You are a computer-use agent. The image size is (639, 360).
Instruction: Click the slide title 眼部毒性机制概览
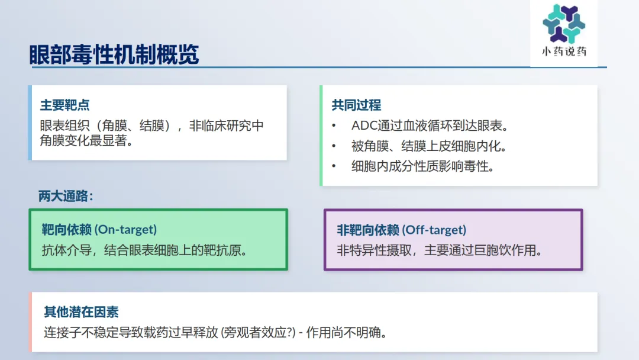pyautogui.click(x=114, y=54)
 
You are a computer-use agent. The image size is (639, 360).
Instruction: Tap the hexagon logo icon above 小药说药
pyautogui.click(x=564, y=24)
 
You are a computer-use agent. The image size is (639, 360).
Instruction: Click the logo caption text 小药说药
pyautogui.click(x=564, y=52)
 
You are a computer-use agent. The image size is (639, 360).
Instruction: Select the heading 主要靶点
pyautogui.click(x=65, y=105)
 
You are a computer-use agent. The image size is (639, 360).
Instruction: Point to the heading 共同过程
pyautogui.click(x=356, y=105)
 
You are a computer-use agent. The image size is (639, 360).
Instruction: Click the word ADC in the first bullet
pyautogui.click(x=364, y=126)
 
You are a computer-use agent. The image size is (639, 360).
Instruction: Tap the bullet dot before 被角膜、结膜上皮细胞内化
pyautogui.click(x=334, y=146)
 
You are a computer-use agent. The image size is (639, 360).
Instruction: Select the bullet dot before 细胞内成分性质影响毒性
pyautogui.click(x=334, y=166)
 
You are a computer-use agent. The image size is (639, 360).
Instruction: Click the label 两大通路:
pyautogui.click(x=66, y=196)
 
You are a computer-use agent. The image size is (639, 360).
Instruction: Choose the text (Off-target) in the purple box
pyautogui.click(x=434, y=230)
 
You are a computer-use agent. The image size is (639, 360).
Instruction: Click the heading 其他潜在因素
pyautogui.click(x=81, y=312)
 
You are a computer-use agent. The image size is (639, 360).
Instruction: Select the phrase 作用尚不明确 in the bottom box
pyautogui.click(x=346, y=332)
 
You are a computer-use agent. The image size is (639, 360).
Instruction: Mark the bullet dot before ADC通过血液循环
pyautogui.click(x=334, y=126)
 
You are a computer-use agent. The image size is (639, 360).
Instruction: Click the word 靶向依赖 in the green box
pyautogui.click(x=67, y=230)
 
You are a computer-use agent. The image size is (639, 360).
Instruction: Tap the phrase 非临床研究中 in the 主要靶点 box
pyautogui.click(x=226, y=126)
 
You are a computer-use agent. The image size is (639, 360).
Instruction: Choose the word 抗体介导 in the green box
pyautogui.click(x=66, y=250)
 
